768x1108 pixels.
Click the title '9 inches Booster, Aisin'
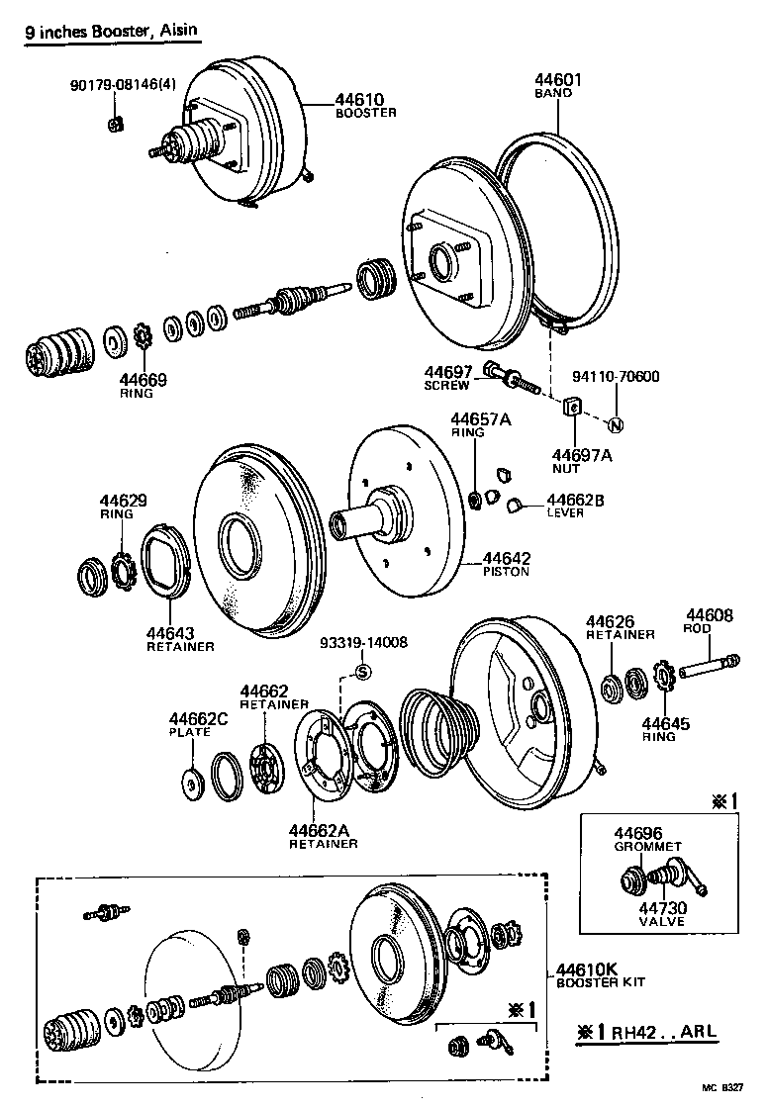[111, 31]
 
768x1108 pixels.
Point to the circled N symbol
[614, 425]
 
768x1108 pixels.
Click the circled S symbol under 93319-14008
[362, 673]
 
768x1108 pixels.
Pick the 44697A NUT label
[582, 462]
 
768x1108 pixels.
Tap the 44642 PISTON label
[505, 564]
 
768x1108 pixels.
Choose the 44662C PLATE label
[197, 725]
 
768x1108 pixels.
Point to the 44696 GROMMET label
[647, 840]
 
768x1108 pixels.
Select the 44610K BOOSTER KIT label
[600, 974]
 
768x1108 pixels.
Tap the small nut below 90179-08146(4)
[114, 123]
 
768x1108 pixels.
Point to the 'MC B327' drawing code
[725, 1087]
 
